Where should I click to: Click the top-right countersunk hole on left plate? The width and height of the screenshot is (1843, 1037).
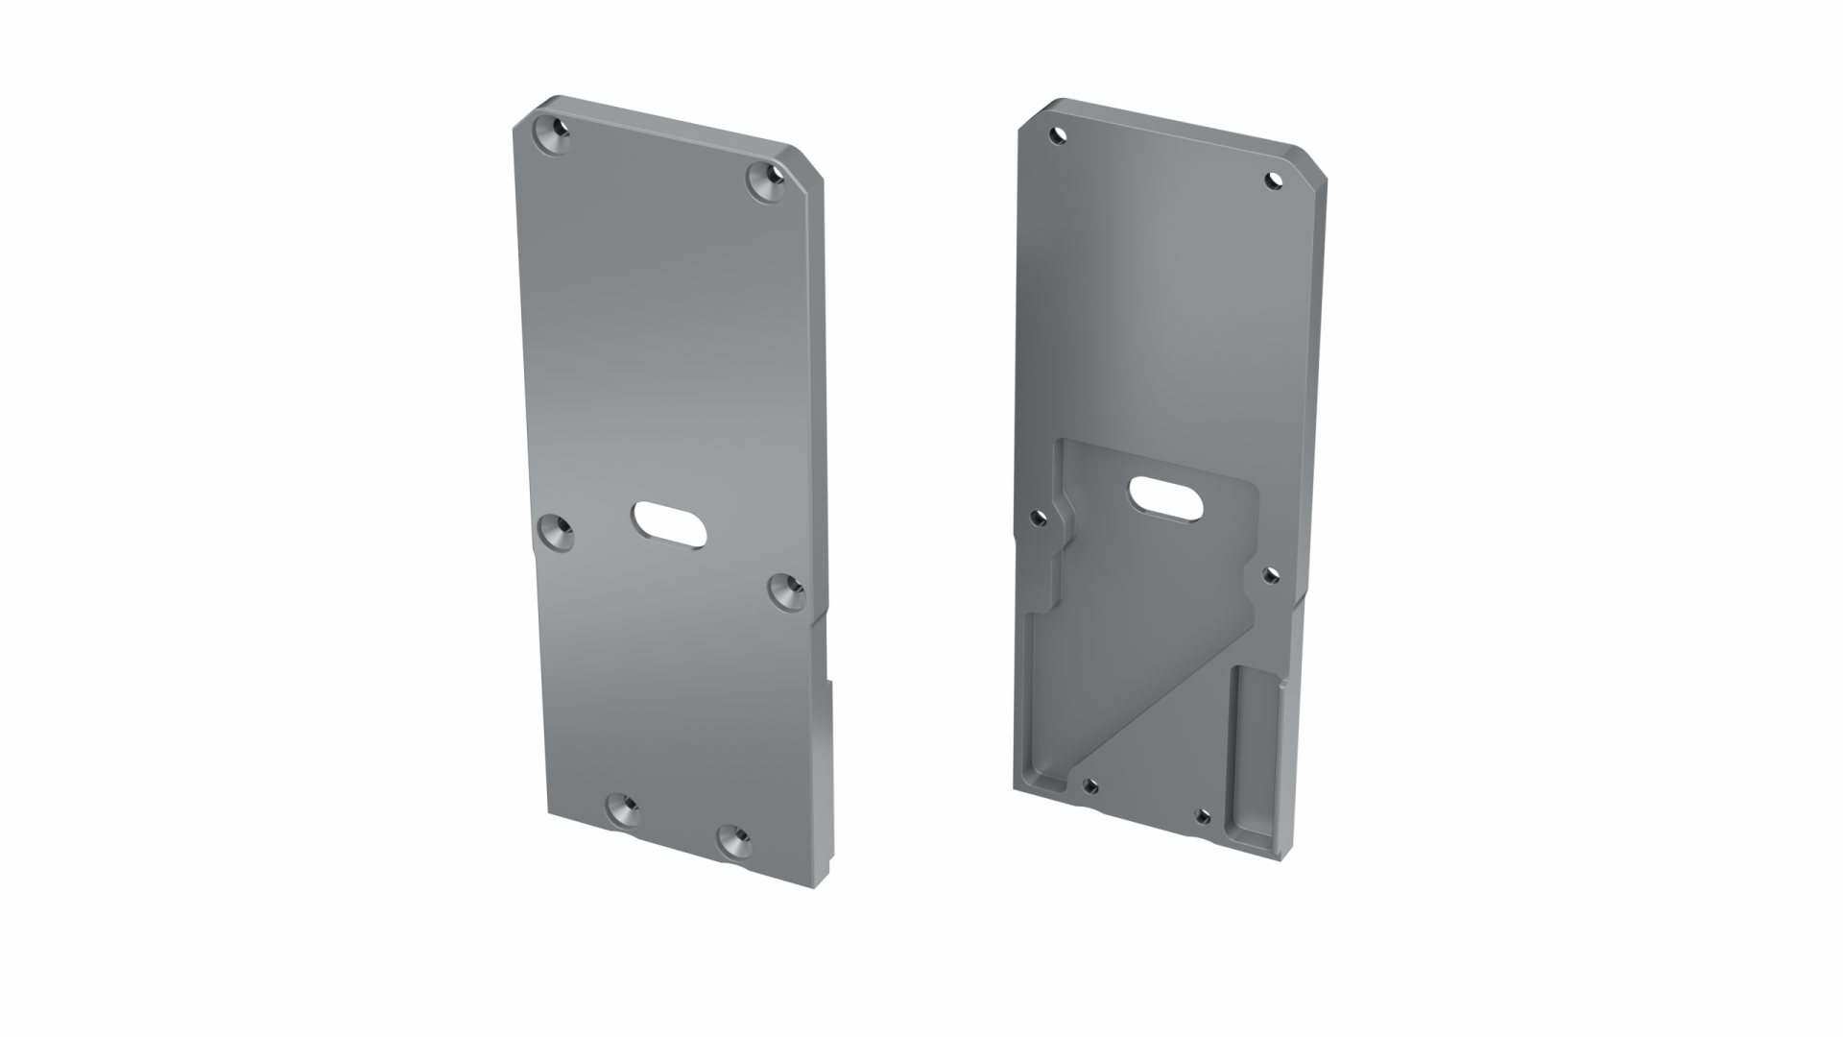[x=767, y=181]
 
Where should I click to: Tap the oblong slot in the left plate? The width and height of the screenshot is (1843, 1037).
[x=669, y=524]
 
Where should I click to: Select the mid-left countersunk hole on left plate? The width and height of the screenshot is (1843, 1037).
[x=555, y=532]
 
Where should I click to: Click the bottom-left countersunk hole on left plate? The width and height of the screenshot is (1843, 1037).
[x=623, y=811]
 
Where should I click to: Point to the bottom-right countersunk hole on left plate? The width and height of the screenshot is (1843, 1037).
[x=735, y=842]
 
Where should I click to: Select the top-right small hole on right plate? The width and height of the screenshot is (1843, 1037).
[x=1273, y=180]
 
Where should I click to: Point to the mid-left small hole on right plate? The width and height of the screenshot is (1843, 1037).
[x=1038, y=518]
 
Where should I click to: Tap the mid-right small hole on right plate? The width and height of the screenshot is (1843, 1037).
[x=1270, y=575]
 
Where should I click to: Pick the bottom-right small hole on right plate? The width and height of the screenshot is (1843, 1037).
[x=1201, y=816]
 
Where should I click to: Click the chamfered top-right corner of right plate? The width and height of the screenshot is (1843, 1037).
[x=1312, y=163]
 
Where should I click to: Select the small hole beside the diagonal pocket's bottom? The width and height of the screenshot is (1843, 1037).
[x=1089, y=786]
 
